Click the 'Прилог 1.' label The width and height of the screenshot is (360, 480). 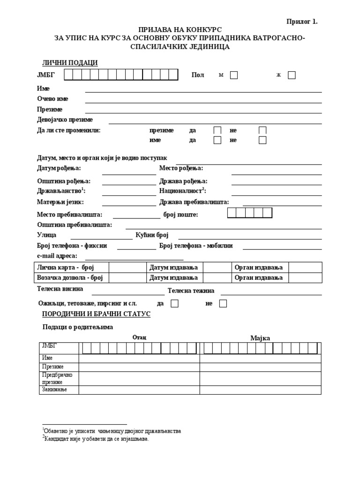302,21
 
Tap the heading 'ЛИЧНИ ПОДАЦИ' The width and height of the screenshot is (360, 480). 70,63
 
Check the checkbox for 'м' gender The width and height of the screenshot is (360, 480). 233,75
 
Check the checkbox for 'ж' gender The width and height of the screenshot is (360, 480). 292,75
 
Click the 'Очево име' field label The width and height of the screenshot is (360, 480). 52,99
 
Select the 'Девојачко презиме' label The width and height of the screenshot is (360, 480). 65,120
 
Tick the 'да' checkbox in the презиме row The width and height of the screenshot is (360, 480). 217,130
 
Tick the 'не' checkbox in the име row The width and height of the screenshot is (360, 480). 262,140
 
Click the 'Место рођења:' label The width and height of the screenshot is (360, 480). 181,168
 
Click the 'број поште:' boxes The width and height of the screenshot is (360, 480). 249,213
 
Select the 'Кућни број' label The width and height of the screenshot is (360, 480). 152,235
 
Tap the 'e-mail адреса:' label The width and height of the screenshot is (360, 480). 57,256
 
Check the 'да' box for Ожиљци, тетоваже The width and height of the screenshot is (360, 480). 174,304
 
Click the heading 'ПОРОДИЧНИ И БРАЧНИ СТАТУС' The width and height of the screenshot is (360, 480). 96,314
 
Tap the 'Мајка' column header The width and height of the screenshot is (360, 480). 260,338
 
